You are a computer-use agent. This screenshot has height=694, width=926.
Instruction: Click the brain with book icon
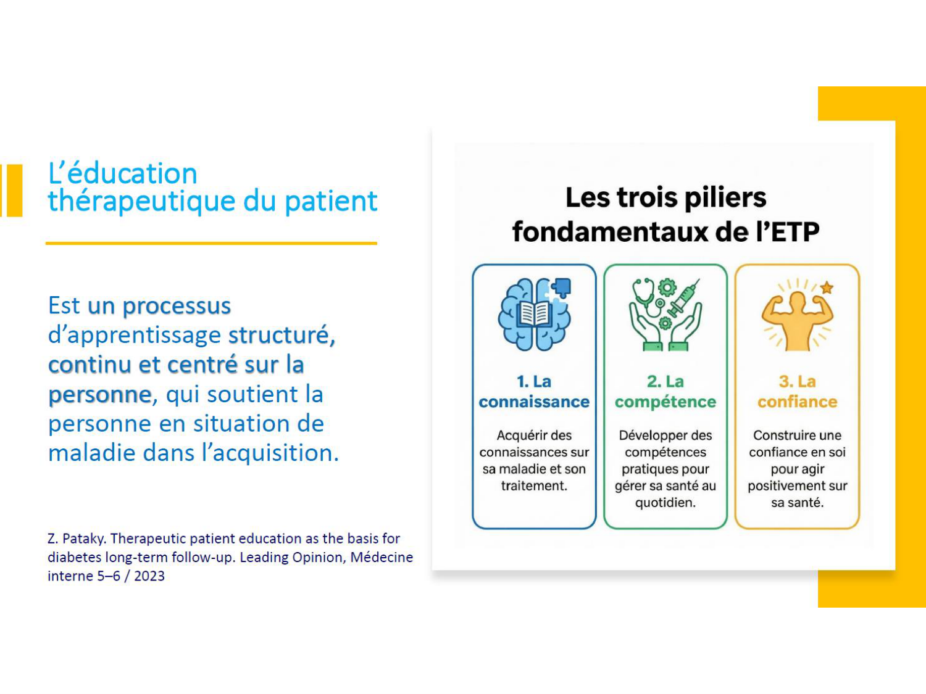pos(534,315)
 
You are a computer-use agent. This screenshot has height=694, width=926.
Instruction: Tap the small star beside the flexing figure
pos(827,288)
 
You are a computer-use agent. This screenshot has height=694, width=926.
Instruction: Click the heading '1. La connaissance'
pos(534,392)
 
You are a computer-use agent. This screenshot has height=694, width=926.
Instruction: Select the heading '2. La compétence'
pos(665,392)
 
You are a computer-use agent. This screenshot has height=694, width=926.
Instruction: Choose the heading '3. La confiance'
pos(797,392)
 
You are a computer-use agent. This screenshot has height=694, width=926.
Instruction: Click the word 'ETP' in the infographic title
pos(795,232)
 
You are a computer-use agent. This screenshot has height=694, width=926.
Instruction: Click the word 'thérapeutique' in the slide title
pos(141,202)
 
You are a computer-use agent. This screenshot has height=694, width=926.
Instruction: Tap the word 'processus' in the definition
pos(177,307)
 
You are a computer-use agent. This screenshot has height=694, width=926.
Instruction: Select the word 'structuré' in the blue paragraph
pos(282,336)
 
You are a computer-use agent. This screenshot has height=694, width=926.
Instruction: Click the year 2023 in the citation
pos(149,576)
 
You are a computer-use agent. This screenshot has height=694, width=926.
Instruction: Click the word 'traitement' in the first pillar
pos(534,486)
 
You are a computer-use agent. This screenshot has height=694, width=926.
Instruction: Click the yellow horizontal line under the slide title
pos(211,243)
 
